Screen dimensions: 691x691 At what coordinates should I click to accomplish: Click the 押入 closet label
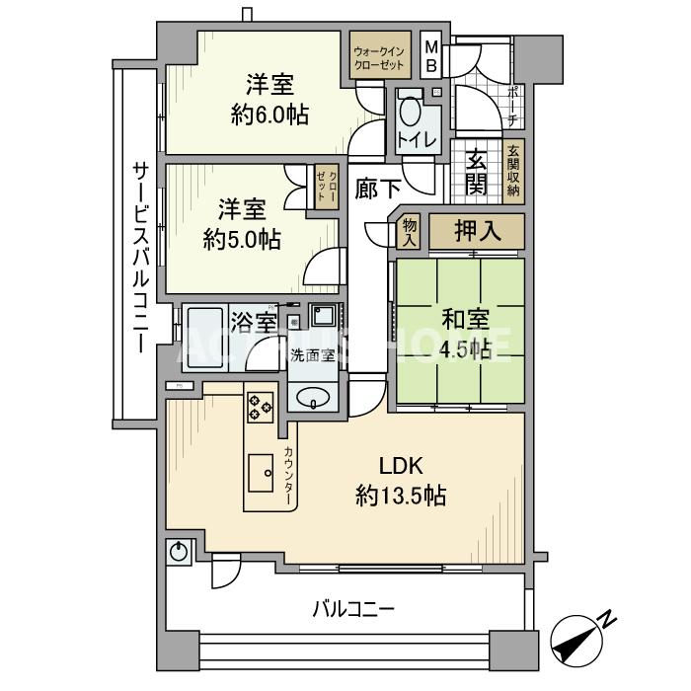(x=477, y=232)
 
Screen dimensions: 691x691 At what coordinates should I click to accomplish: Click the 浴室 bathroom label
(x=253, y=322)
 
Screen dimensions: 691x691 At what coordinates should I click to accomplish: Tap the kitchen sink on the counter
(x=262, y=473)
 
